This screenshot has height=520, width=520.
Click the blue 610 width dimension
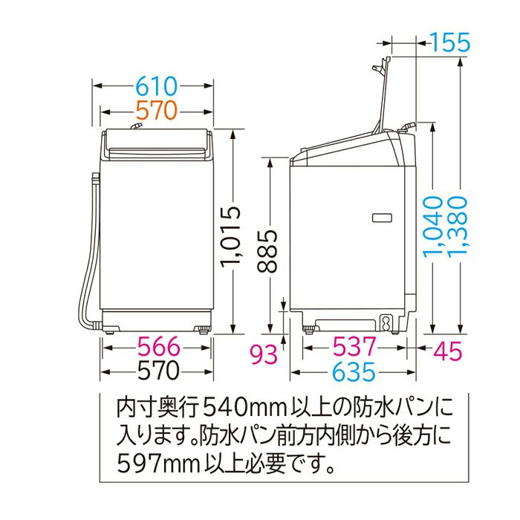coord(157,86)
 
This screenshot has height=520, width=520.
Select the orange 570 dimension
coord(157,111)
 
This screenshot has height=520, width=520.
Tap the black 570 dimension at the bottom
coord(158,371)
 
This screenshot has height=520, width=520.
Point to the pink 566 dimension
coord(159,347)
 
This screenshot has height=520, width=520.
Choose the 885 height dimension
coord(267,251)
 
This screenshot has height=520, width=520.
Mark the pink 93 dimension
coord(264,354)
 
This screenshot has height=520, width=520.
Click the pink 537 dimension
coord(354,346)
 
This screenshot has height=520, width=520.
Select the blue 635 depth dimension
coord(354,371)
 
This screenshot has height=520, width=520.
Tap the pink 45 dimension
coord(448,351)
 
